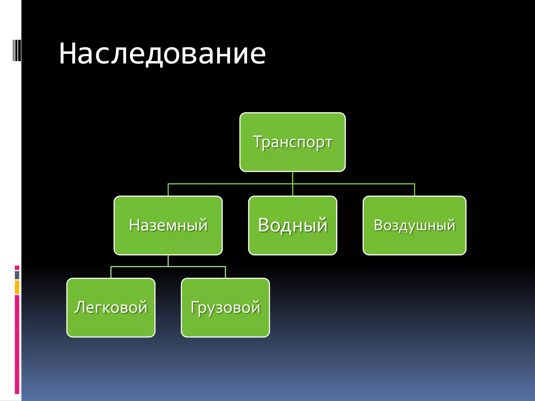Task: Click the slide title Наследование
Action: point(162,54)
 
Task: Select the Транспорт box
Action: point(292,159)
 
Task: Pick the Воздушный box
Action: point(414,243)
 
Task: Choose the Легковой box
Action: point(111,324)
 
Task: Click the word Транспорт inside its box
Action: point(292,142)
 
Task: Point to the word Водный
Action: point(292,225)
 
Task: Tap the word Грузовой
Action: point(225,307)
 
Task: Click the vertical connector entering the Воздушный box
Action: point(414,190)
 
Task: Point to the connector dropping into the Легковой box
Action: point(111,272)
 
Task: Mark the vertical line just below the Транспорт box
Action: point(292,178)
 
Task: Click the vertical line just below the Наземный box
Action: point(168,261)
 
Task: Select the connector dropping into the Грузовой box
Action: point(225,272)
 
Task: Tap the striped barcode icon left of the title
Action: point(17,50)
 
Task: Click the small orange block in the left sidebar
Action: point(17,287)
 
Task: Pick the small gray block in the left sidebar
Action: point(17,275)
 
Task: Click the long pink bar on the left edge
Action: point(17,345)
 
